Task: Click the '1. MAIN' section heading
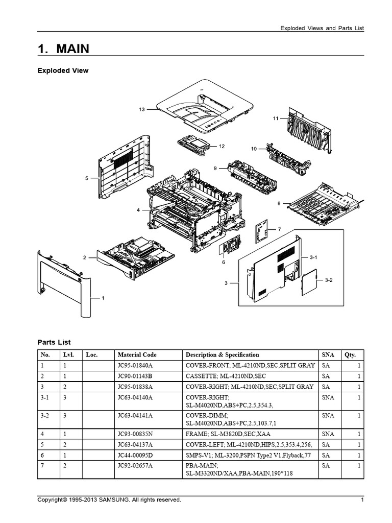pyautogui.click(x=63, y=49)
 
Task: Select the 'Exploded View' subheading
pyautogui.click(x=63, y=70)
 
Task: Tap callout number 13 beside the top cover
pyautogui.click(x=142, y=109)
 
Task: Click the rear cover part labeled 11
pyautogui.click(x=309, y=130)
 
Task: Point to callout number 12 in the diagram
pyautogui.click(x=222, y=146)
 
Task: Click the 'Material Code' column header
pyautogui.click(x=137, y=354)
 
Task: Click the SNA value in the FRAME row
pyautogui.click(x=327, y=434)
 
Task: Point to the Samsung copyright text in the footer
pyautogui.click(x=109, y=500)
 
